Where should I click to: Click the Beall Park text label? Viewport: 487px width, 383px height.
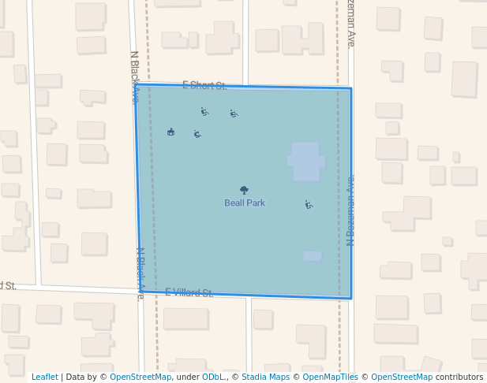tap(245, 203)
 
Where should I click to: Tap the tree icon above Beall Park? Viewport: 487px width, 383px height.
tap(244, 190)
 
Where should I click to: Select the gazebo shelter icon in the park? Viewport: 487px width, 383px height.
tap(171, 132)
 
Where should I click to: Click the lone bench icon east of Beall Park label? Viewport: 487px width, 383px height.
tap(309, 205)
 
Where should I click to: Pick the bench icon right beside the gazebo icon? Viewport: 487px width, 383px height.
tap(197, 134)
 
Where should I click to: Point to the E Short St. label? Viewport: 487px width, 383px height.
tap(204, 84)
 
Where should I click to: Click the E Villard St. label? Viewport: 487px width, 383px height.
tap(189, 292)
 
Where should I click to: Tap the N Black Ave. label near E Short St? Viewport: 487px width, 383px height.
tap(135, 76)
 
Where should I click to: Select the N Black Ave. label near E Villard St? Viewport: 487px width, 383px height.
tap(140, 273)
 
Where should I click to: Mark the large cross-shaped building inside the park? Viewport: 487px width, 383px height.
tap(305, 162)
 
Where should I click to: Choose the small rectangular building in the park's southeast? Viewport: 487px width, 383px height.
tap(313, 255)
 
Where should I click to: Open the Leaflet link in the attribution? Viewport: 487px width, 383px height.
tap(44, 377)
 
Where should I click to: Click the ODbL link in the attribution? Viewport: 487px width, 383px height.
tap(213, 377)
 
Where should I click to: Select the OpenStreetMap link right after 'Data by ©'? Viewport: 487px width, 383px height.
tap(140, 377)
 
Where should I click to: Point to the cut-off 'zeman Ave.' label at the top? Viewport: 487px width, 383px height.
tap(350, 23)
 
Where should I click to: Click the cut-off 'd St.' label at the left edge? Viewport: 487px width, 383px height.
tap(8, 285)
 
